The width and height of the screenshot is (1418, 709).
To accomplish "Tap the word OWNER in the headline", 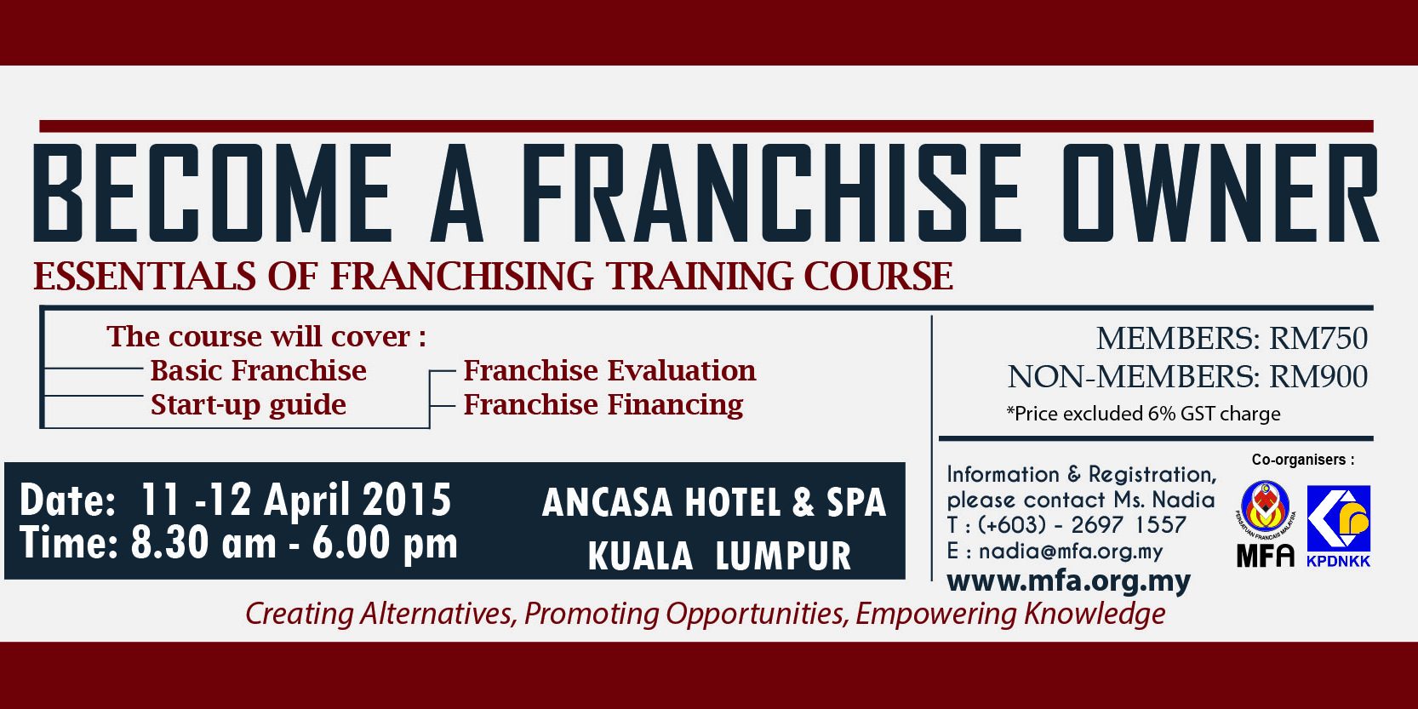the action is [1220, 193].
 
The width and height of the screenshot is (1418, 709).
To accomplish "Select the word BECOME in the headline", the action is [211, 193].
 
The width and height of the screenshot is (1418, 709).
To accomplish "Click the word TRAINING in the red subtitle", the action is [699, 277].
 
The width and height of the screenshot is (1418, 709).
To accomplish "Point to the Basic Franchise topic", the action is [258, 370].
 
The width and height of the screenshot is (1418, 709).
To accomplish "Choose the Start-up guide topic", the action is [249, 405].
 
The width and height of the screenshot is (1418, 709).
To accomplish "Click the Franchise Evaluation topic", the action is [609, 370].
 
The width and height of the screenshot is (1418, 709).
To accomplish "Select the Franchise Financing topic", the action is [603, 405].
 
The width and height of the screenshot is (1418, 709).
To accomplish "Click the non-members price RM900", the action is [1318, 377].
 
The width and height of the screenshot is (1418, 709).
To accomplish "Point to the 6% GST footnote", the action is [1143, 414].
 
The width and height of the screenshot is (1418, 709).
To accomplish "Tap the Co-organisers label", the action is [1303, 460].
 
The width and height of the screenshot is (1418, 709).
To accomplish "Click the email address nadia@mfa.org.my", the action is [1071, 552].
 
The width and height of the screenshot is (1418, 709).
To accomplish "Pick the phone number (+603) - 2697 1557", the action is [1082, 525].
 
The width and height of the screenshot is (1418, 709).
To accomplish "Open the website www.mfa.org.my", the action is [1068, 581].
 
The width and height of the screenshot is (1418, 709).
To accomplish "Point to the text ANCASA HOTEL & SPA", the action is [714, 503].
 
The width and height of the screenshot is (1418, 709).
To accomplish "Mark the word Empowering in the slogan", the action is [935, 614].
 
